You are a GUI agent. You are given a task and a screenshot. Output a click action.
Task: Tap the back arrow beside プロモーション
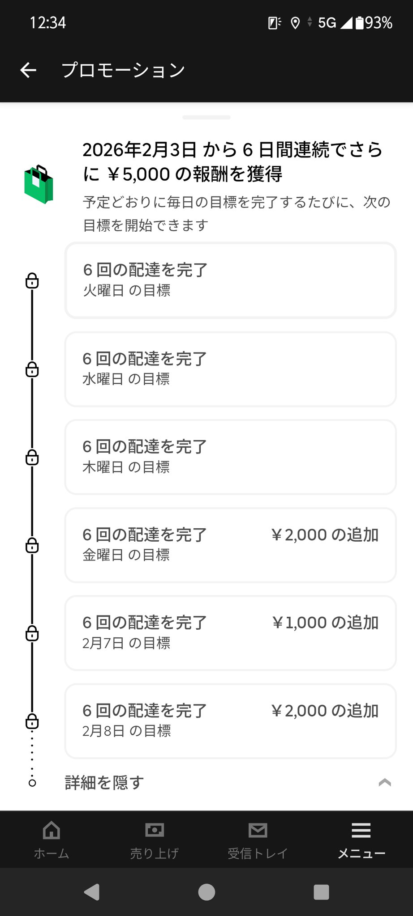click(x=28, y=70)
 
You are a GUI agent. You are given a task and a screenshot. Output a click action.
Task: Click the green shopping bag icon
click(x=39, y=184)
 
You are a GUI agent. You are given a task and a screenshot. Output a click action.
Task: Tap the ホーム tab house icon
click(x=51, y=830)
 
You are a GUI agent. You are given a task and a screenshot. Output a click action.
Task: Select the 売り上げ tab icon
click(x=155, y=830)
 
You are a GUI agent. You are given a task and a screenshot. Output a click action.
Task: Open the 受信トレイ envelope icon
click(x=258, y=830)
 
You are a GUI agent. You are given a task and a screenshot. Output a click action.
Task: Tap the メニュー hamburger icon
click(x=361, y=830)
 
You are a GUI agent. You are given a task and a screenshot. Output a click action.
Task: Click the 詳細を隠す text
click(x=104, y=783)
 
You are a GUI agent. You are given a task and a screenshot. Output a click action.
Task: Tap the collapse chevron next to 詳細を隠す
click(x=385, y=782)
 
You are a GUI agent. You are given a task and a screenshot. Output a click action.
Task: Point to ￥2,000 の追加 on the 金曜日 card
click(x=325, y=535)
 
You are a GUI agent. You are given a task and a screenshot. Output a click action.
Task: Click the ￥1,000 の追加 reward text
click(x=325, y=623)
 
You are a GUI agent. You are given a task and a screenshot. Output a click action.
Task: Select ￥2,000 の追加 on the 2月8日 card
click(x=325, y=711)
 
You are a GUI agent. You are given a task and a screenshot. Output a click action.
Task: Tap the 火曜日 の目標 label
click(x=127, y=291)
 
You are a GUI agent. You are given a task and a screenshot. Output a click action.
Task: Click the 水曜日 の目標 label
click(x=126, y=379)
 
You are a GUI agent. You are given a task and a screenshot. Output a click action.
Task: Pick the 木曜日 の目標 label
click(x=126, y=467)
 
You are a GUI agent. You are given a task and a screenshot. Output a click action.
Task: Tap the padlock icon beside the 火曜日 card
click(x=32, y=281)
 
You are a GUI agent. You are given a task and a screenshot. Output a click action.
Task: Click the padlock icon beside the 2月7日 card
click(x=32, y=633)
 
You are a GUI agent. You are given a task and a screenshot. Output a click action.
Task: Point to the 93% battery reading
click(x=379, y=23)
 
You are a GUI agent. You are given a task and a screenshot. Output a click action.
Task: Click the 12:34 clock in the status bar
click(x=48, y=23)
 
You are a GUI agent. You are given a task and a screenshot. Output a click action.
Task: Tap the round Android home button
click(x=206, y=892)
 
